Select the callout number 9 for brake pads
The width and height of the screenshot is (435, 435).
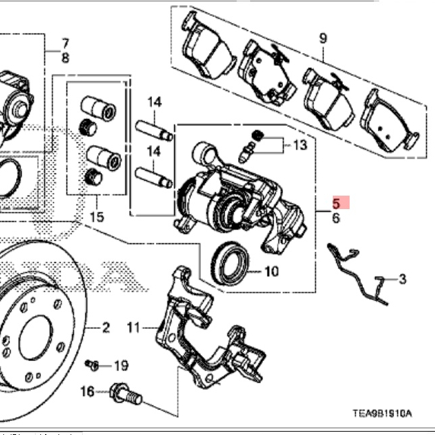coord(323,38)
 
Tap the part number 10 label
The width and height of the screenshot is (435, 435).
coord(271,272)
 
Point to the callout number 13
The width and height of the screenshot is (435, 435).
coord(299,145)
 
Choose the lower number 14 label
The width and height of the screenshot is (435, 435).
coord(155,151)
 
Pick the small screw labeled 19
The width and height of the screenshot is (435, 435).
coord(93,365)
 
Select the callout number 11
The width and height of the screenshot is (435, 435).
coord(134,328)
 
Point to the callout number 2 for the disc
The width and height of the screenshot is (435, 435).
coord(106,328)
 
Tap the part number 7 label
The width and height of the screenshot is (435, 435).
coord(65,44)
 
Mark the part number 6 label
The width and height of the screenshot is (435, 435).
coord(336,218)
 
